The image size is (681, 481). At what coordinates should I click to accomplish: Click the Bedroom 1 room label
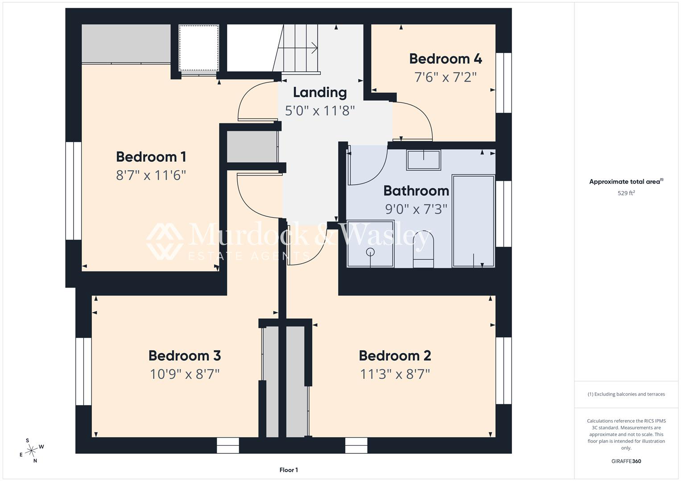click(x=151, y=157)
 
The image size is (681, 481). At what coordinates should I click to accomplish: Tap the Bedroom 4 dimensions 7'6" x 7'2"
click(x=446, y=77)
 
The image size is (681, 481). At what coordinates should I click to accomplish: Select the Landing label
click(x=320, y=93)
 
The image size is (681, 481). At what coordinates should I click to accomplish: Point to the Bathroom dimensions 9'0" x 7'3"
click(x=416, y=209)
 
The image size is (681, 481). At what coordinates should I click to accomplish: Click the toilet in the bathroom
click(x=423, y=249)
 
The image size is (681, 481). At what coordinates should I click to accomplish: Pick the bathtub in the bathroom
click(x=473, y=221)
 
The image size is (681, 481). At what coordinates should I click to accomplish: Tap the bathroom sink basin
click(x=424, y=160)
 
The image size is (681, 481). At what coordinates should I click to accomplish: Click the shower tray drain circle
click(x=370, y=252)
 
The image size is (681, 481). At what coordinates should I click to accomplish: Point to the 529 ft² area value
click(x=626, y=193)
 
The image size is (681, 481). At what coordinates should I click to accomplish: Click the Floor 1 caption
click(x=289, y=470)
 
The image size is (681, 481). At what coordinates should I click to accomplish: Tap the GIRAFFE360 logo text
click(x=626, y=461)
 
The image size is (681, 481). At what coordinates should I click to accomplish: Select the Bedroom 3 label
click(x=185, y=355)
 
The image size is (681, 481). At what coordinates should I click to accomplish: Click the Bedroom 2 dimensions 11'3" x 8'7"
click(x=395, y=374)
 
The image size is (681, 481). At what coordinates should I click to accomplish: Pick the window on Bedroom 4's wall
click(x=504, y=83)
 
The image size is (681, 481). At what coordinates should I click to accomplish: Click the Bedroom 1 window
click(x=74, y=191)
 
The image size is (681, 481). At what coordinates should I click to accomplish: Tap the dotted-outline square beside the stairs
click(x=199, y=48)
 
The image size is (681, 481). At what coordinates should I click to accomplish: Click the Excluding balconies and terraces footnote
click(x=626, y=394)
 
